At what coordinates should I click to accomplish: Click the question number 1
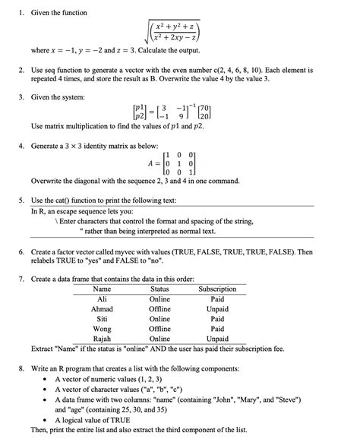click(21, 13)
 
